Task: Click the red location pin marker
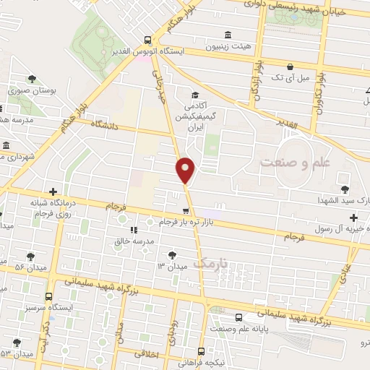(186, 170)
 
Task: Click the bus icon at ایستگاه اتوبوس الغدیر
(147, 40)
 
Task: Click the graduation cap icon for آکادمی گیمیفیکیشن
(194, 95)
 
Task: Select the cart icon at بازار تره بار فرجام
(186, 211)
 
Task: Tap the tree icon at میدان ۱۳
(172, 254)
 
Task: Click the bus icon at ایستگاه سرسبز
(49, 296)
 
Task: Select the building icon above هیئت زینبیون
(228, 34)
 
